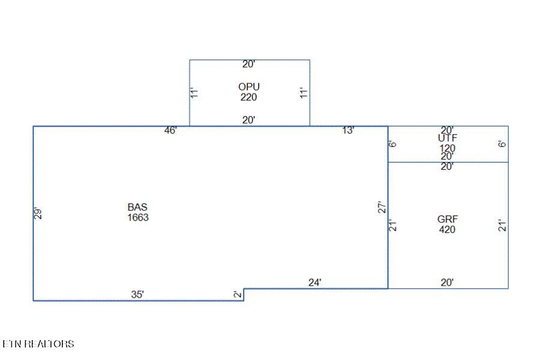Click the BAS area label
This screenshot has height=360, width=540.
coord(137,207)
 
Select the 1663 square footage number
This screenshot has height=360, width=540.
coord(138,217)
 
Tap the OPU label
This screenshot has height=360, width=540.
coord(248,87)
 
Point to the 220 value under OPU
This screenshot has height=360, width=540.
coord(248,97)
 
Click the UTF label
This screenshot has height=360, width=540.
coord(448,138)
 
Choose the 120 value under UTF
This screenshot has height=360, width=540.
coord(448,148)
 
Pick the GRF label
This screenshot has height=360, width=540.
coord(448,219)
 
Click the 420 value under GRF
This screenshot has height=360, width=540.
coord(448,229)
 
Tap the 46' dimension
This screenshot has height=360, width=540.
coord(170,130)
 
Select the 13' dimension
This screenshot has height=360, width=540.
coord(348,130)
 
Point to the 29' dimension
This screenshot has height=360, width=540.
coord(38,213)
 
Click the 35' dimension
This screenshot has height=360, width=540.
coord(137,295)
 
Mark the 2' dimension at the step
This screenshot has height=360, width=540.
coord(238,294)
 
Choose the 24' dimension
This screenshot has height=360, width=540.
coord(315,283)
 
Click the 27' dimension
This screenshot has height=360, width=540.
coord(382,208)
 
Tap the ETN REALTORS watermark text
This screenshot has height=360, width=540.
coord(38,344)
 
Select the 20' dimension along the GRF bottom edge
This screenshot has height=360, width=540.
coord(447,283)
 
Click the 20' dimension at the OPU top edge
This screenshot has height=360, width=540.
coord(248,64)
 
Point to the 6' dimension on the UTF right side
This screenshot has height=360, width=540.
coord(502,143)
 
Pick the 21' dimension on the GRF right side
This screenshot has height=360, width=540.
coord(502,226)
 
